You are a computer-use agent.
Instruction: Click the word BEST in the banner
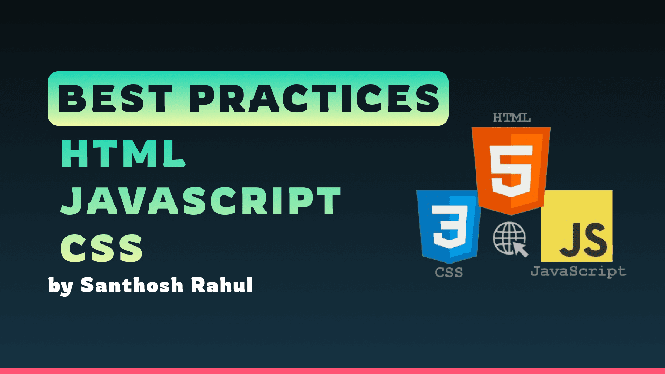click(115, 99)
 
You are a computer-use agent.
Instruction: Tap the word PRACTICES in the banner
click(314, 99)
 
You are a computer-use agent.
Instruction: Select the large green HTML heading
click(124, 154)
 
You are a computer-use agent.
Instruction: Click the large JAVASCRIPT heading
click(201, 201)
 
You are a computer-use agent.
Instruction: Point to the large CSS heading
click(101, 248)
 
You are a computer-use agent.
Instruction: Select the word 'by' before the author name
click(61, 287)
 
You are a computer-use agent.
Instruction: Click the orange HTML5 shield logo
click(511, 170)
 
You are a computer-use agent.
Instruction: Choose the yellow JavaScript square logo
click(576, 226)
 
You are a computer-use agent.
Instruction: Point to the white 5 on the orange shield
click(511, 171)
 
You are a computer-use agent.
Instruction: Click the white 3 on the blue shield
click(450, 226)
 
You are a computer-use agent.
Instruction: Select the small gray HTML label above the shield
click(512, 118)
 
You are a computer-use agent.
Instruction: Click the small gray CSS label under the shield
click(449, 272)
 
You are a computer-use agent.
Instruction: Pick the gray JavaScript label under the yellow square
click(578, 271)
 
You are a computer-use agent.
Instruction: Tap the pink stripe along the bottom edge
click(332, 371)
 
